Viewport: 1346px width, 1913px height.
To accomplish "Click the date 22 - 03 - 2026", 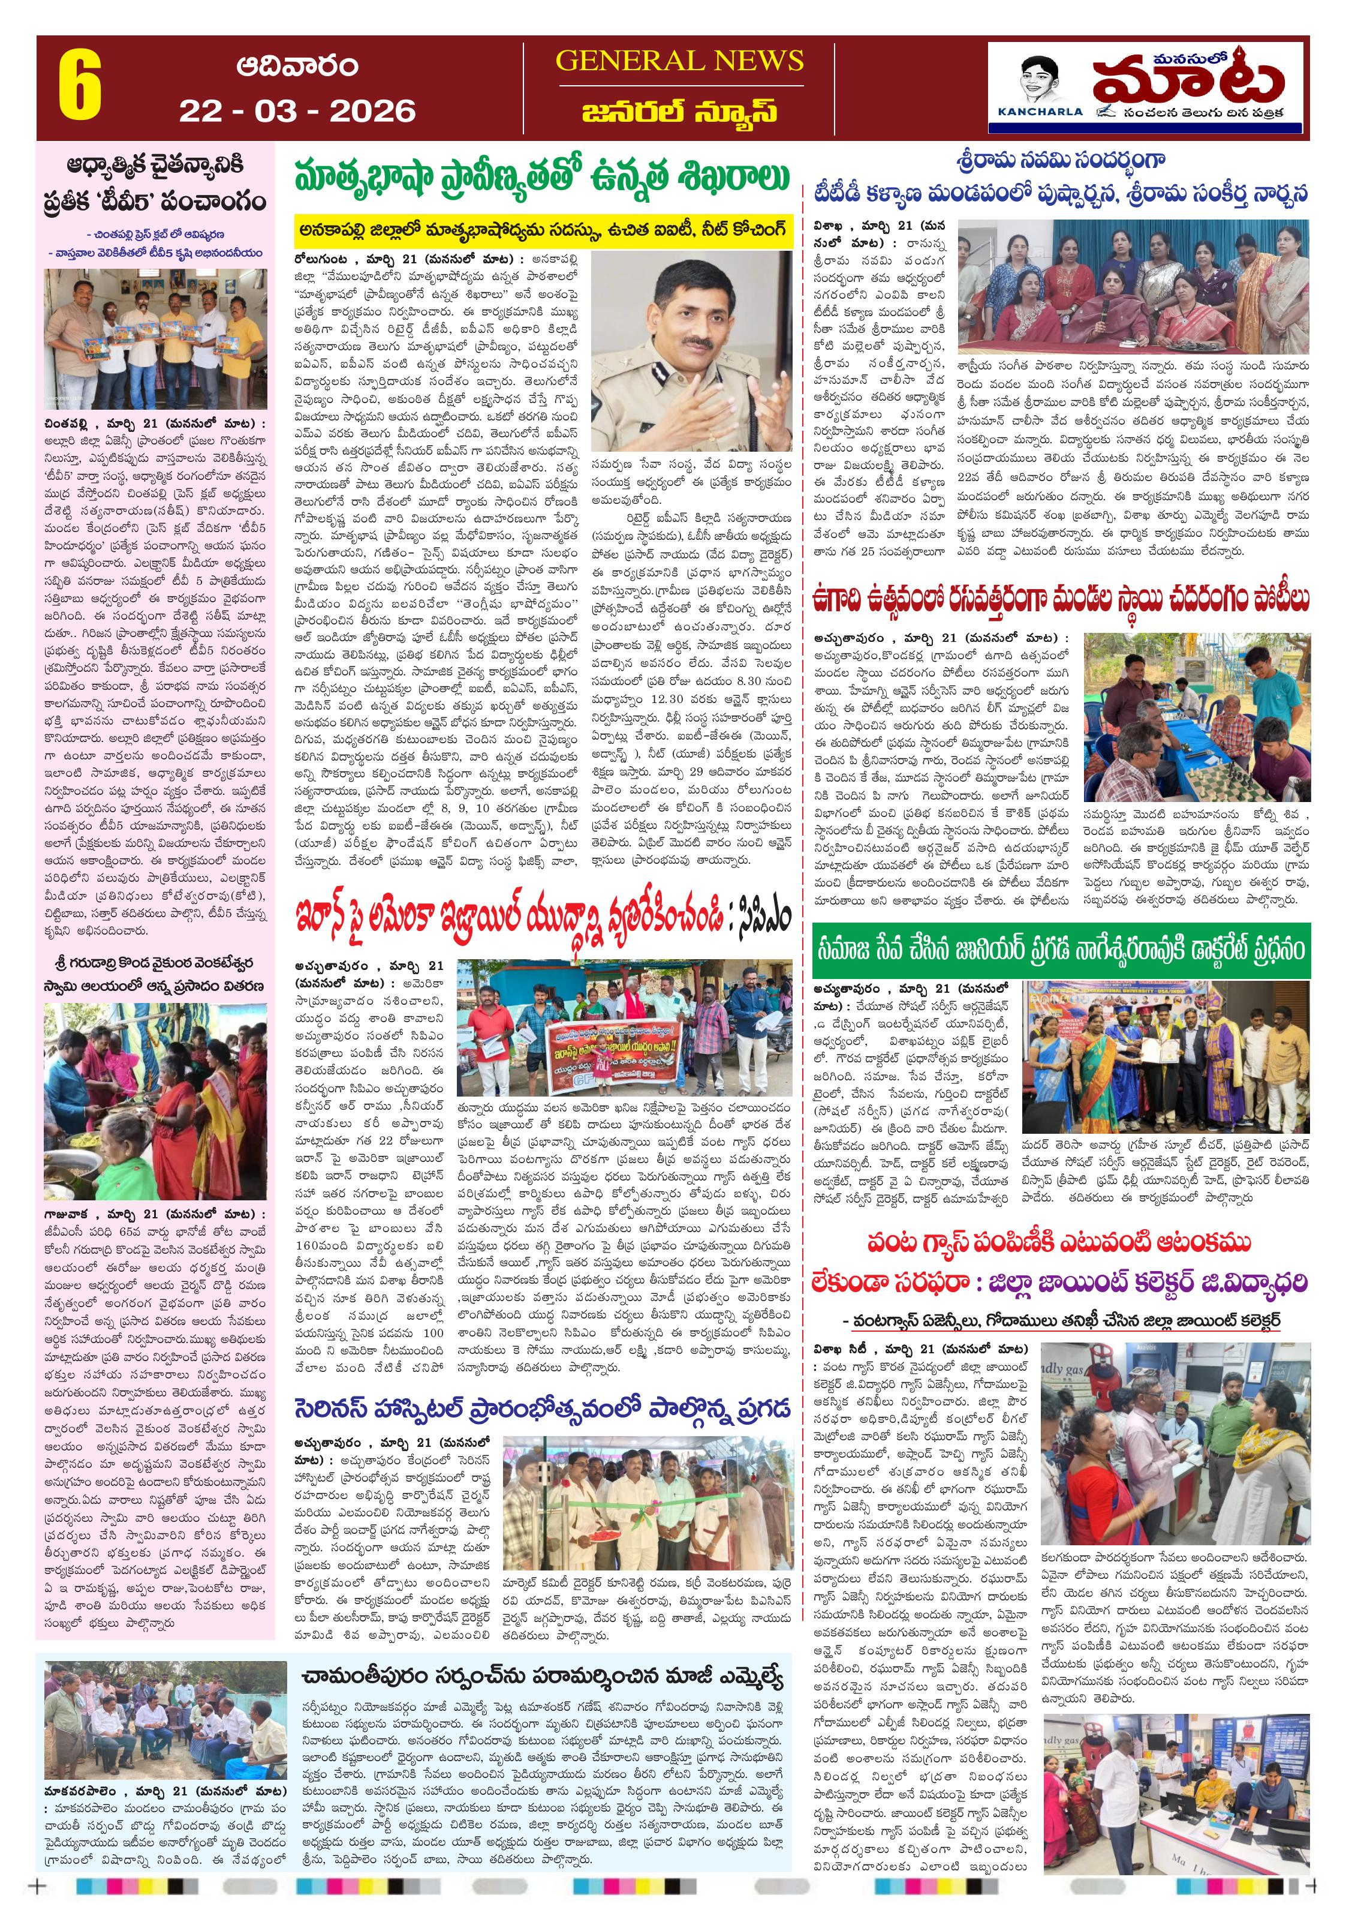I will point(297,111).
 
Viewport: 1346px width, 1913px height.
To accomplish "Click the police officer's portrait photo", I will point(691,352).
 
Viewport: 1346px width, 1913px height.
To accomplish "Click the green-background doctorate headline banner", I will point(1060,951).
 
